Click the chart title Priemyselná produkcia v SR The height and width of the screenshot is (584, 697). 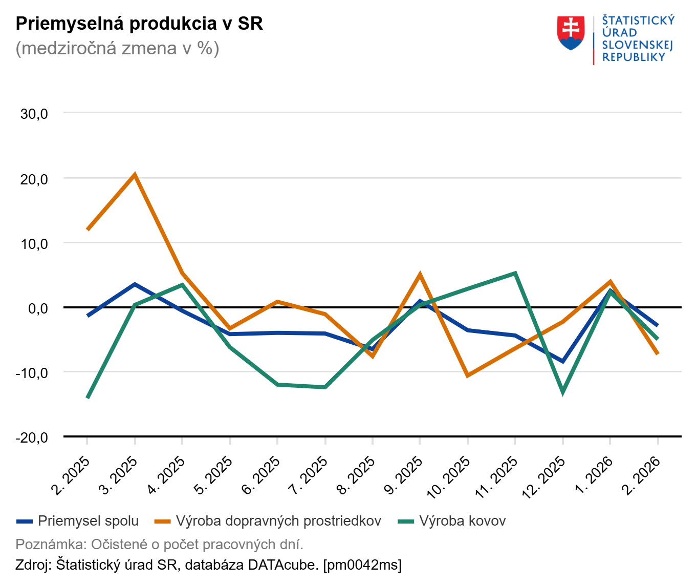pyautogui.click(x=139, y=24)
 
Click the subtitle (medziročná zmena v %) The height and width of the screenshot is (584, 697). pyautogui.click(x=117, y=48)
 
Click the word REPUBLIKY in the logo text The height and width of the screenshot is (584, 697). pyautogui.click(x=634, y=57)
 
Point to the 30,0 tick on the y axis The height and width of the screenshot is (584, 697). pyautogui.click(x=34, y=114)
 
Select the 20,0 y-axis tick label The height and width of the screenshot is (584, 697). pyautogui.click(x=34, y=179)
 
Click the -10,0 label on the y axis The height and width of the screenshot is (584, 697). pyautogui.click(x=32, y=372)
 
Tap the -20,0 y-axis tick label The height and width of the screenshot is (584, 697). pyautogui.click(x=32, y=437)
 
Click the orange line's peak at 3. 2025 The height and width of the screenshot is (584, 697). pyautogui.click(x=135, y=175)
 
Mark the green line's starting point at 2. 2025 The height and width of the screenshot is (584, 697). pyautogui.click(x=88, y=398)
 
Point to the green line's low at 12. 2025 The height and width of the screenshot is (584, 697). pyautogui.click(x=562, y=393)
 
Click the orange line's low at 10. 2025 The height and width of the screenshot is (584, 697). pyautogui.click(x=467, y=376)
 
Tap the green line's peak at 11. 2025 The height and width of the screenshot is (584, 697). pyautogui.click(x=515, y=273)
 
